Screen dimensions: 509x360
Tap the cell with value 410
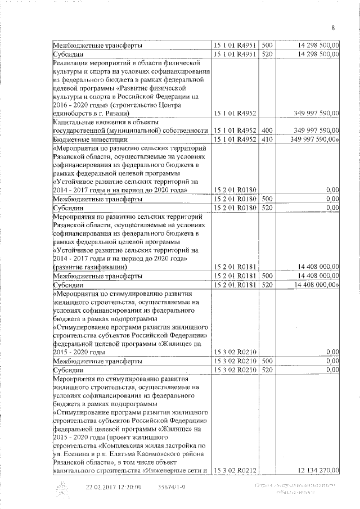[x=267, y=139]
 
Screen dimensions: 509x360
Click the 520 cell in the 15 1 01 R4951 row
[x=267, y=54]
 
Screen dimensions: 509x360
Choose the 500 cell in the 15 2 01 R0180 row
[x=267, y=199]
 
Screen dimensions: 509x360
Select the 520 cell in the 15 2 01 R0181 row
[x=267, y=285]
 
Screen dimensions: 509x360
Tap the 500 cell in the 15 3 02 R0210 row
[x=267, y=361]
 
